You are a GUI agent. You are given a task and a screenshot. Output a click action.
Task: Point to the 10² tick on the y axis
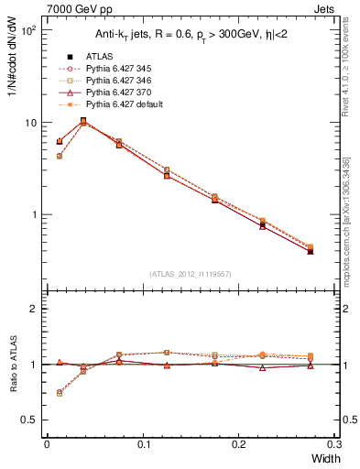click(27, 30)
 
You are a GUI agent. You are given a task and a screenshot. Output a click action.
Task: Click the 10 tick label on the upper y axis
click(29, 123)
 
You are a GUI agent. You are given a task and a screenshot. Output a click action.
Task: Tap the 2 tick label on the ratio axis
click(31, 309)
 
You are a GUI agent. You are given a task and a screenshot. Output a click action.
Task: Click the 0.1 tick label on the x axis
click(142, 443)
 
